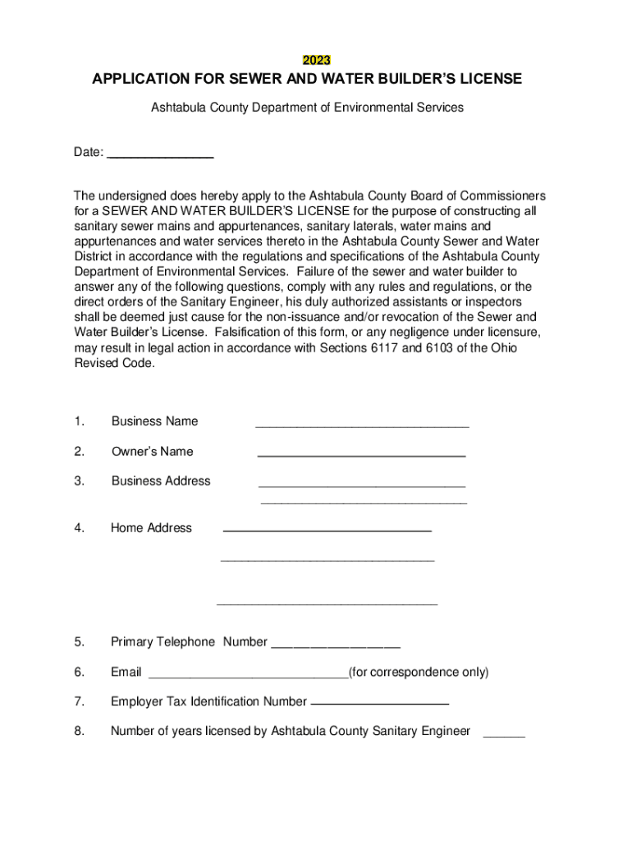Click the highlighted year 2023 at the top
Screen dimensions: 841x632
click(x=316, y=60)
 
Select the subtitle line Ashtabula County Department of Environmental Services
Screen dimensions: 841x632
click(x=307, y=107)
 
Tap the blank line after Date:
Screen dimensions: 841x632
click(x=161, y=155)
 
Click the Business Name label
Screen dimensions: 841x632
click(x=154, y=421)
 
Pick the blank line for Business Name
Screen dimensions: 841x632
click(x=362, y=426)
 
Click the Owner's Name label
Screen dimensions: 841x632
click(x=152, y=451)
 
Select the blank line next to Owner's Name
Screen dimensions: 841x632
click(x=361, y=455)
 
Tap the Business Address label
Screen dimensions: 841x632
click(x=161, y=480)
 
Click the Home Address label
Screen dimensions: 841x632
click(x=151, y=528)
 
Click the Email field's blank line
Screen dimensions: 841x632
click(x=248, y=678)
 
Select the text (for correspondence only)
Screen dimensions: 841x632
click(x=419, y=672)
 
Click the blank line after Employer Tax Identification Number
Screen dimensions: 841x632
click(x=380, y=705)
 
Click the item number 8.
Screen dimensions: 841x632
click(x=79, y=731)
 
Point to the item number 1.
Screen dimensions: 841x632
click(x=79, y=421)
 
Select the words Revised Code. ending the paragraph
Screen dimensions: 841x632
click(x=114, y=364)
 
